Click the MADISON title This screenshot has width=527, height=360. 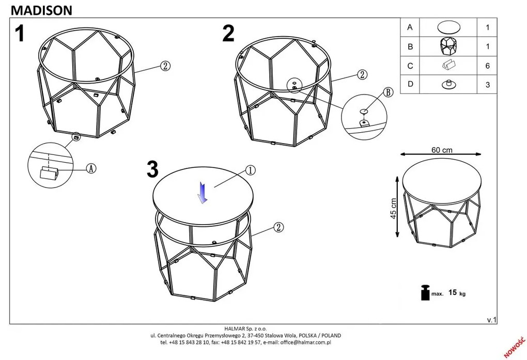42,10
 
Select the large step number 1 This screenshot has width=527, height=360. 20,34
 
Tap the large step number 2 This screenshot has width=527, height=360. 228,34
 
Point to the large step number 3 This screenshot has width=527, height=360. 152,169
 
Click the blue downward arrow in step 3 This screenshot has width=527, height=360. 203,193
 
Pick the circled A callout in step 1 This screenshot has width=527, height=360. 91,168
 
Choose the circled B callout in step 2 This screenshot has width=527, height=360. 388,92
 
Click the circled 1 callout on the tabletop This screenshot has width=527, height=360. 251,170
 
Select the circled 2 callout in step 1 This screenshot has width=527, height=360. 165,66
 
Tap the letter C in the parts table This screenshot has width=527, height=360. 410,66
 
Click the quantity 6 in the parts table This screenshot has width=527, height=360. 487,66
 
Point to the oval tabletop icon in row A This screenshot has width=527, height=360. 448,27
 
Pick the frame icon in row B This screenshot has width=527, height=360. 448,46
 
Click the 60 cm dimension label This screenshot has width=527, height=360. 442,150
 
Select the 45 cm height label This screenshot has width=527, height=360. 394,208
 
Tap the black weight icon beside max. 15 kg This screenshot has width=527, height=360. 425,292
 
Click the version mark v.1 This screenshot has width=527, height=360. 492,320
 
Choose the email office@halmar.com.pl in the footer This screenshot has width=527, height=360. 305,342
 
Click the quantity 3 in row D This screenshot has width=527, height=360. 487,85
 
